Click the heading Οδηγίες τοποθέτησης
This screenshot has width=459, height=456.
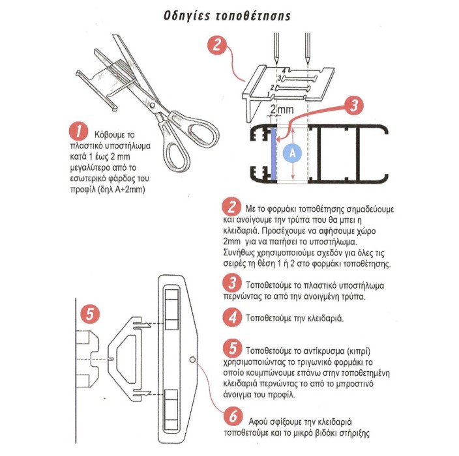pyautogui.click(x=227, y=16)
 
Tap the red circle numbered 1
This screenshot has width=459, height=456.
pyautogui.click(x=78, y=132)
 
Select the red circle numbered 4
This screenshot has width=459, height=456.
pyautogui.click(x=232, y=318)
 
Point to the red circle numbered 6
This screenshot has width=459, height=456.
pyautogui.click(x=233, y=416)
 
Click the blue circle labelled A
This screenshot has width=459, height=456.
pyautogui.click(x=293, y=153)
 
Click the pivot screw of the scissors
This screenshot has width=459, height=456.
pyautogui.click(x=152, y=105)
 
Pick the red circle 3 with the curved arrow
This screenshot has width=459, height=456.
pyautogui.click(x=354, y=105)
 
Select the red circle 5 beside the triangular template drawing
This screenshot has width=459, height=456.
pyautogui.click(x=90, y=314)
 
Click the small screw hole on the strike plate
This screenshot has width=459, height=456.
pyautogui.click(x=192, y=360)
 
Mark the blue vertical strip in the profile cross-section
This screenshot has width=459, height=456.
pyautogui.click(x=273, y=154)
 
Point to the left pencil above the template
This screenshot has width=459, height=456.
pyautogui.click(x=276, y=49)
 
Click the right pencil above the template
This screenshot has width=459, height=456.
pyautogui.click(x=307, y=49)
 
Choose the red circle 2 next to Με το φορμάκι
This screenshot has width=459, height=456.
pyautogui.click(x=231, y=207)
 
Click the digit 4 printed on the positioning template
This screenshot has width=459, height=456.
pyautogui.click(x=284, y=70)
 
